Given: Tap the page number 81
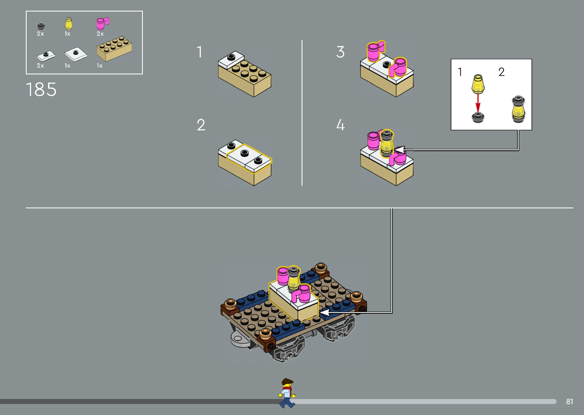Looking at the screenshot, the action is [x=569, y=402].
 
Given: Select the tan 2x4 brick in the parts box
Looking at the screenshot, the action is [x=114, y=49].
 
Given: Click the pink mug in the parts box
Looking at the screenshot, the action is [x=102, y=24].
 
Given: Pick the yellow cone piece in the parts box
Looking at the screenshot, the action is [x=68, y=24].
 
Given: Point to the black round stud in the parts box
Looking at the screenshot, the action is [x=41, y=26].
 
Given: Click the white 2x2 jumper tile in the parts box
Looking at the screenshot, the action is [x=76, y=54].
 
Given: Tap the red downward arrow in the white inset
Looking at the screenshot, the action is [x=478, y=103].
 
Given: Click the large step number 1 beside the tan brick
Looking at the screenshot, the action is [x=199, y=52].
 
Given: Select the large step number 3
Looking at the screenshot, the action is [x=340, y=52].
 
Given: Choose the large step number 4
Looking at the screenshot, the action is [x=341, y=125].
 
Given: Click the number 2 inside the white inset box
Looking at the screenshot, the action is [x=501, y=72].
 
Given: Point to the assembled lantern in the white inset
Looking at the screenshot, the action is [x=518, y=109].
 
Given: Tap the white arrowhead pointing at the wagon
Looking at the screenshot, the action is [x=324, y=312].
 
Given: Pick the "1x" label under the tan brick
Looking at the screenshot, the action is [x=99, y=66].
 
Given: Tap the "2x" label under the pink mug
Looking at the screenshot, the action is [x=100, y=34].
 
